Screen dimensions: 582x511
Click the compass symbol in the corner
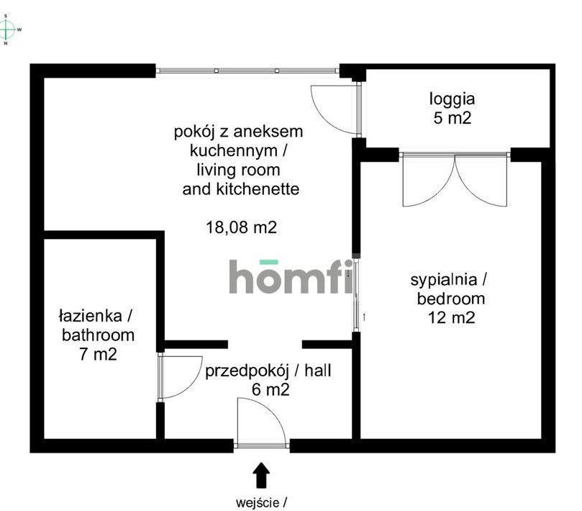click(7, 30)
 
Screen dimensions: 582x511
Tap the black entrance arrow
click(261, 474)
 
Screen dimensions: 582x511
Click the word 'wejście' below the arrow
click(258, 503)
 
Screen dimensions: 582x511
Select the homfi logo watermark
click(291, 276)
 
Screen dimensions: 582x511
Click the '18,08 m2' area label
click(241, 227)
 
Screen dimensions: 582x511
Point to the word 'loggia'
click(452, 100)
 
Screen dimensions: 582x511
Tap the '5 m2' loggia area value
click(452, 118)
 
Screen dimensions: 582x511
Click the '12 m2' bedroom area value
click(451, 318)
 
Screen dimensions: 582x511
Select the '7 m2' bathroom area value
click(98, 354)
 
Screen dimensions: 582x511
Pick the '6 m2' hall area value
click(270, 389)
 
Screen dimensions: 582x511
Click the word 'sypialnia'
click(444, 280)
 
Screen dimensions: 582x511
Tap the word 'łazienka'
click(91, 316)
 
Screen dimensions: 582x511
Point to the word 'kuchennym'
click(234, 150)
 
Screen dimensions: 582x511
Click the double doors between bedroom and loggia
click(455, 180)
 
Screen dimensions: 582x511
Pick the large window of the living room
click(247, 71)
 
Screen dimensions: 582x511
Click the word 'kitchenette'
click(258, 189)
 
